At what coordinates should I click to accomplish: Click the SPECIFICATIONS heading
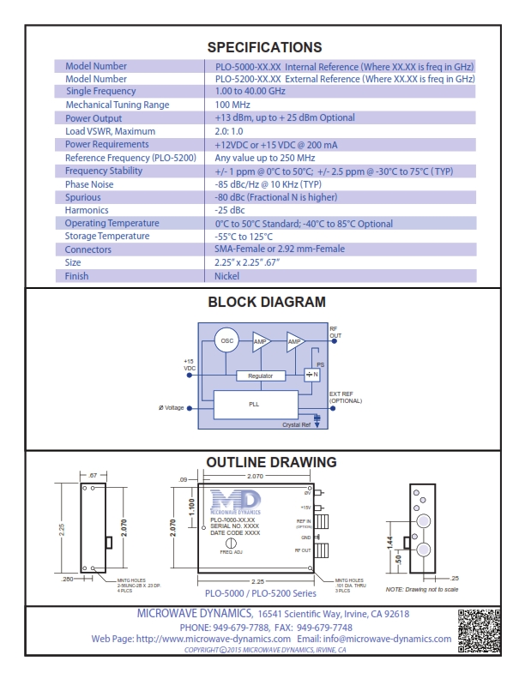pyautogui.click(x=264, y=47)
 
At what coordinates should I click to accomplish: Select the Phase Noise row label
pyautogui.click(x=90, y=184)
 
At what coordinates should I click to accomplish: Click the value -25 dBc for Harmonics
pyautogui.click(x=230, y=210)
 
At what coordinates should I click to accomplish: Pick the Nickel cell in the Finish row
pyautogui.click(x=226, y=276)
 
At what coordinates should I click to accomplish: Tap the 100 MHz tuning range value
pyautogui.click(x=234, y=105)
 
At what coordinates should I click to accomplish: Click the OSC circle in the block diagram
pyautogui.click(x=227, y=341)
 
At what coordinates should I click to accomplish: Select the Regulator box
pyautogui.click(x=265, y=376)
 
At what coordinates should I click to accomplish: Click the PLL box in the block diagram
pyautogui.click(x=254, y=403)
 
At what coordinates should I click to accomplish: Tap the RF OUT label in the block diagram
pyautogui.click(x=335, y=332)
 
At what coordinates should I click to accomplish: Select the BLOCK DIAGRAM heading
pyautogui.click(x=267, y=302)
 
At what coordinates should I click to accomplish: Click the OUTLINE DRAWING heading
pyautogui.click(x=271, y=462)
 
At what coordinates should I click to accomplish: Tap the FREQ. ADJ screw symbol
pyautogui.click(x=231, y=544)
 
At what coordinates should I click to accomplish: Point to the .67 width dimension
pyautogui.click(x=94, y=473)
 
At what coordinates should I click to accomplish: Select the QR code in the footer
pyautogui.click(x=479, y=630)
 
